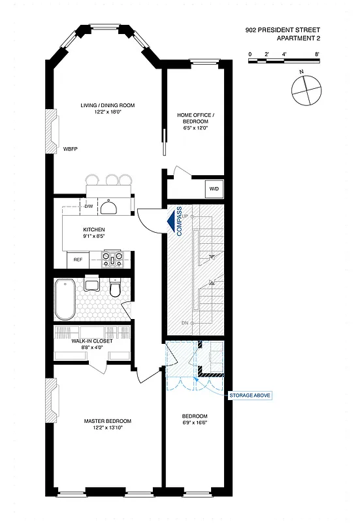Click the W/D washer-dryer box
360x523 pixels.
(x=214, y=188)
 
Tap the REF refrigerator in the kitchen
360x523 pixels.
(x=77, y=260)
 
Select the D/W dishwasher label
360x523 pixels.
(x=88, y=207)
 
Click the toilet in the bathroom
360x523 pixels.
(x=116, y=289)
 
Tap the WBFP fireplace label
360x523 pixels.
(x=71, y=149)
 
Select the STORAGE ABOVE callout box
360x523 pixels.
(x=250, y=396)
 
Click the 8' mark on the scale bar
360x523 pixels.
(x=316, y=54)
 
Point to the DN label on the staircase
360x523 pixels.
(x=184, y=323)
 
